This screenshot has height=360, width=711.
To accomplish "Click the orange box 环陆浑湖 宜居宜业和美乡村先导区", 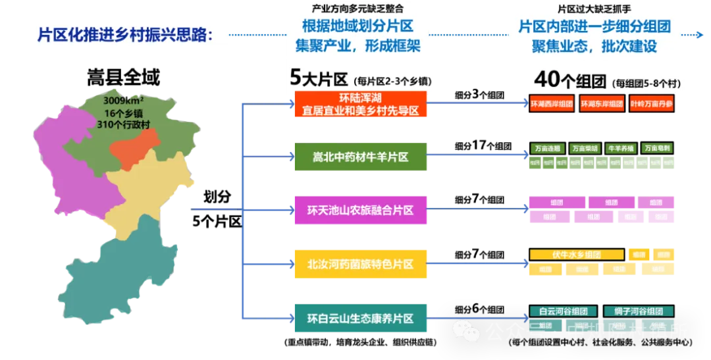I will click(x=360, y=105).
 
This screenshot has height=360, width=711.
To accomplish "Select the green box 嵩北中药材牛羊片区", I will click(x=360, y=157).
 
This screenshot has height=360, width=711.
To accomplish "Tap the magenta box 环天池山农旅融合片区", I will click(x=360, y=211).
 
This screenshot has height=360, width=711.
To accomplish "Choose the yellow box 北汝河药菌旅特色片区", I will click(x=360, y=264).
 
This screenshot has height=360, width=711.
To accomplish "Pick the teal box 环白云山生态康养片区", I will click(x=360, y=318).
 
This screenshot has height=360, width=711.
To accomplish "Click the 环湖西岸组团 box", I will click(x=552, y=104).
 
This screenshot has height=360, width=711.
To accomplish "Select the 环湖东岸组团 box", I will click(x=602, y=104).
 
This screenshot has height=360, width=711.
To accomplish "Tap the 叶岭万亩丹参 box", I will click(x=651, y=104).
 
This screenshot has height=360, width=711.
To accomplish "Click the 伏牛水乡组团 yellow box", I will click(x=577, y=255).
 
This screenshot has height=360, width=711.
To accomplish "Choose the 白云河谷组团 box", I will click(x=563, y=311).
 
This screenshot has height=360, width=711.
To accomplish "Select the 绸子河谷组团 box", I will click(x=636, y=311).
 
